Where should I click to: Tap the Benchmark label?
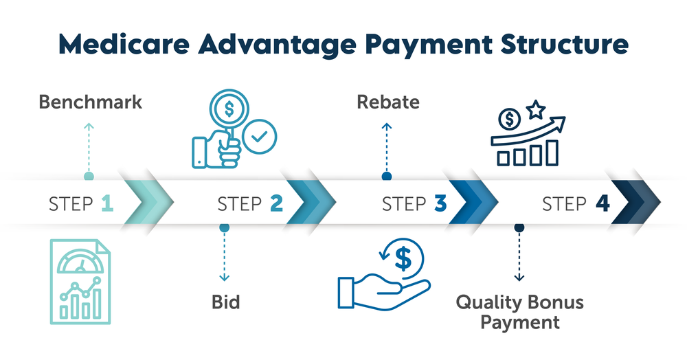point(90,102)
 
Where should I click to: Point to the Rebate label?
point(387,102)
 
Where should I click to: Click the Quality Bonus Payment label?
point(519,311)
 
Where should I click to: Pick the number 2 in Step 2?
point(276,203)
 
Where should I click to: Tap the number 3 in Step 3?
point(440,203)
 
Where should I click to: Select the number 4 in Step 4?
point(602,203)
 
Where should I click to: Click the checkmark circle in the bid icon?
point(260,137)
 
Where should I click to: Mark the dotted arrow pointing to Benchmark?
point(88,148)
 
